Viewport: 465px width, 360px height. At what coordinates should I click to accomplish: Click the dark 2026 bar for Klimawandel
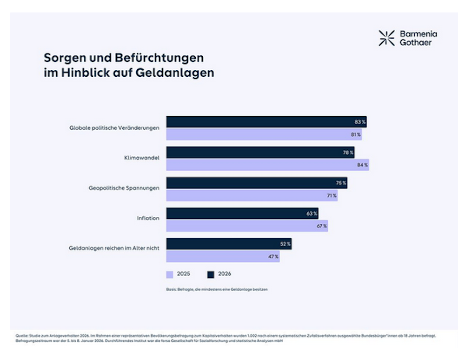point(260,153)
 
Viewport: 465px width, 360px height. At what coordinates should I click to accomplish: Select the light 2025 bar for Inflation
point(247,226)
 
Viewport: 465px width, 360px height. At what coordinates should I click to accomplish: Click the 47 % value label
point(273,257)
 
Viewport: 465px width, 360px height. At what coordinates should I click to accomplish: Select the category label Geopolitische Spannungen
point(124,188)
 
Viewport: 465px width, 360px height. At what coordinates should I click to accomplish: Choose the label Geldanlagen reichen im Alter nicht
point(114,248)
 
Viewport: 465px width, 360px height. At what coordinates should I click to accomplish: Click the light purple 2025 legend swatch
point(170,274)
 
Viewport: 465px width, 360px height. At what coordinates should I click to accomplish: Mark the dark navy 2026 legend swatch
point(211,274)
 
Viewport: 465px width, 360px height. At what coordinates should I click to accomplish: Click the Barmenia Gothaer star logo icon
point(386,38)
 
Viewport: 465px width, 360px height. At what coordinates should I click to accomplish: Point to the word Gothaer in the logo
point(415,43)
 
